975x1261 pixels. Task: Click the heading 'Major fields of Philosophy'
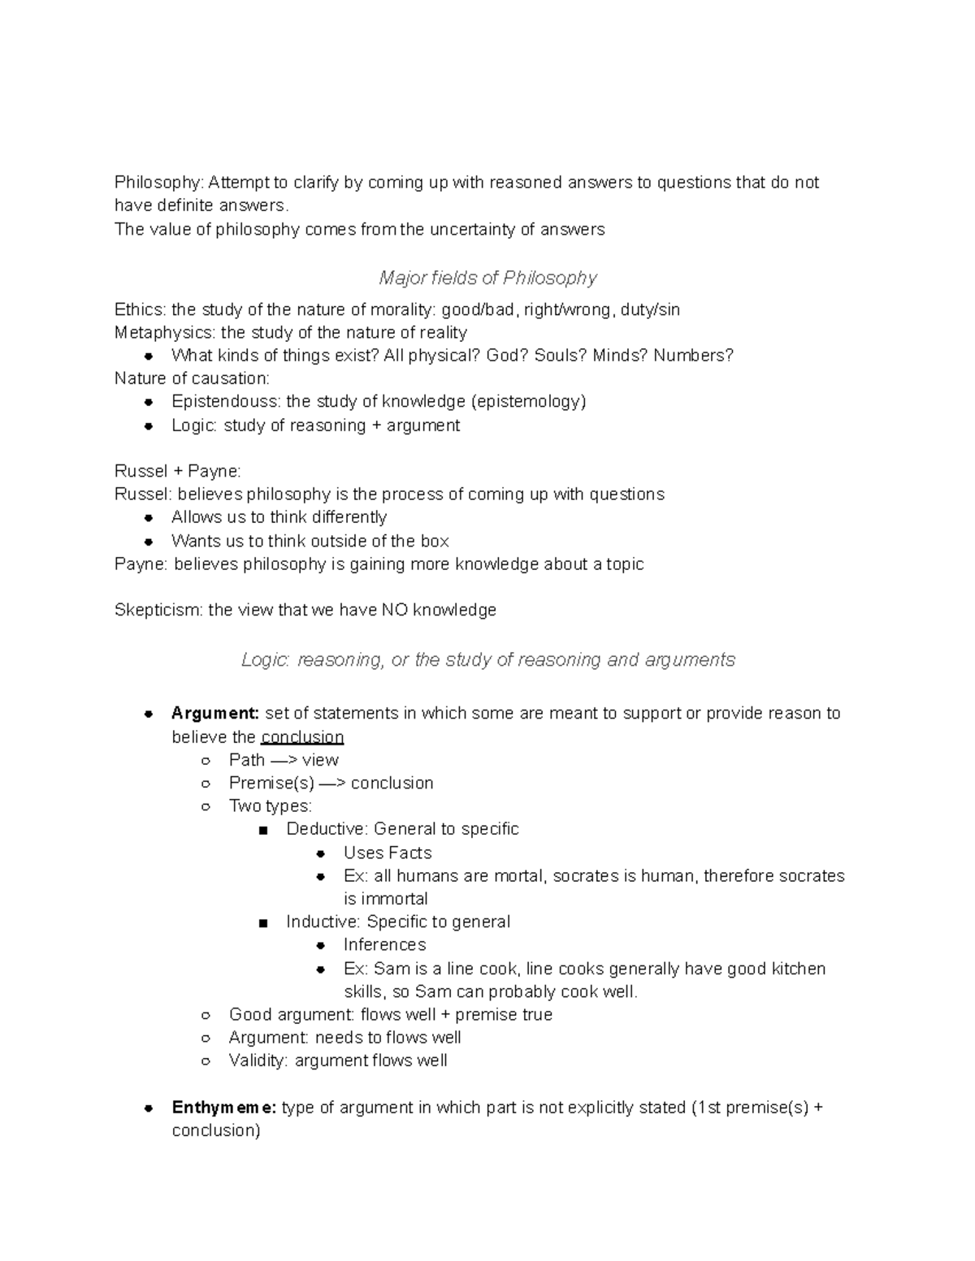(487, 279)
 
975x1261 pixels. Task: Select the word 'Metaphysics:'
(166, 333)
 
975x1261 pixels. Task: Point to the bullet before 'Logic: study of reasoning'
(149, 425)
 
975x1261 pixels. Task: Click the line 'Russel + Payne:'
(177, 471)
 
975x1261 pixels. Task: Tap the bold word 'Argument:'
(215, 713)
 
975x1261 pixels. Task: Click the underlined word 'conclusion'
(302, 737)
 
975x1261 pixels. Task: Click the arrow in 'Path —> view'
(284, 760)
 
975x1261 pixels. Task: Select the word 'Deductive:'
(327, 829)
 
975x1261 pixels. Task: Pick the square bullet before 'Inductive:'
(262, 922)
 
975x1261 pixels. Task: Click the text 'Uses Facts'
(388, 853)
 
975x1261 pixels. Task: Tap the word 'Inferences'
(384, 944)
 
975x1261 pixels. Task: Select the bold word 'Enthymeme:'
(224, 1108)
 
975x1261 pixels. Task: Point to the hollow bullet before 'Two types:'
(206, 806)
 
